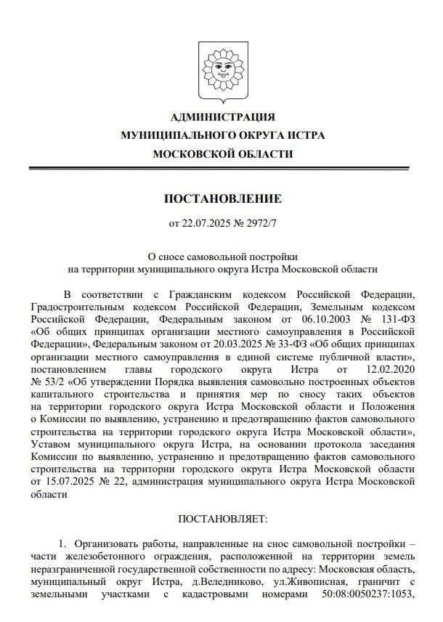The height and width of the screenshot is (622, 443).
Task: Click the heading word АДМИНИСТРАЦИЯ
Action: (x=222, y=117)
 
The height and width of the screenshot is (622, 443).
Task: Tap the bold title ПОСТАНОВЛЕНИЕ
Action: (x=222, y=199)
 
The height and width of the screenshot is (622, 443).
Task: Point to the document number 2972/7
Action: (x=261, y=222)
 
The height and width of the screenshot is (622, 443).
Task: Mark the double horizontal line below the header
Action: (x=222, y=169)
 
